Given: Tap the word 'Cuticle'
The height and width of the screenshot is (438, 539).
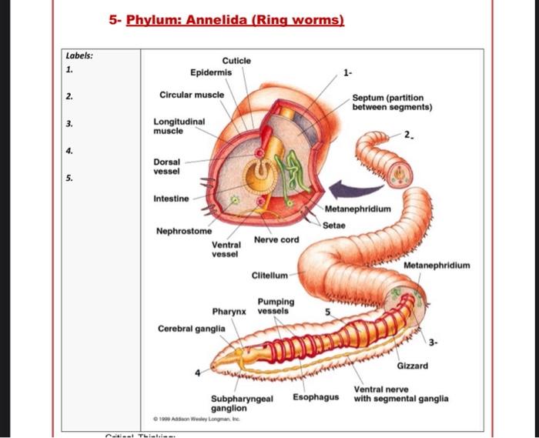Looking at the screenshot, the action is (x=236, y=61).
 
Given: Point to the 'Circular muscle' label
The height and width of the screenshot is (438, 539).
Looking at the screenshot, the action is (x=192, y=95).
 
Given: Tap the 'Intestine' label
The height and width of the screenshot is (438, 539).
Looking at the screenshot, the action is (x=170, y=199).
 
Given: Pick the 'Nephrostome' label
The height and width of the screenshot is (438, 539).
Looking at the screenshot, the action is (x=184, y=230).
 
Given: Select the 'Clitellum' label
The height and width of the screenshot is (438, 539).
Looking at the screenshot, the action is (x=269, y=275).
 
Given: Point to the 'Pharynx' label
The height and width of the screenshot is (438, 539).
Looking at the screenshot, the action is (x=229, y=312).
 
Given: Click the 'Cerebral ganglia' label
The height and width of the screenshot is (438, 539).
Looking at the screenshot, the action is (x=191, y=328).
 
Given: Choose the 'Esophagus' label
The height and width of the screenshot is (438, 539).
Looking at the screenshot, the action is (x=316, y=397).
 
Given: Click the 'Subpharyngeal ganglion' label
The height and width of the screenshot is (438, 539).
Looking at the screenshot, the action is (x=242, y=403).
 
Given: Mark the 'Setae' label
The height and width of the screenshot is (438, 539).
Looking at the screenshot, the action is (x=334, y=226).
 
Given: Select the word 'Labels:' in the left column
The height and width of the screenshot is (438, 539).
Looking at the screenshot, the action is (x=79, y=55).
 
